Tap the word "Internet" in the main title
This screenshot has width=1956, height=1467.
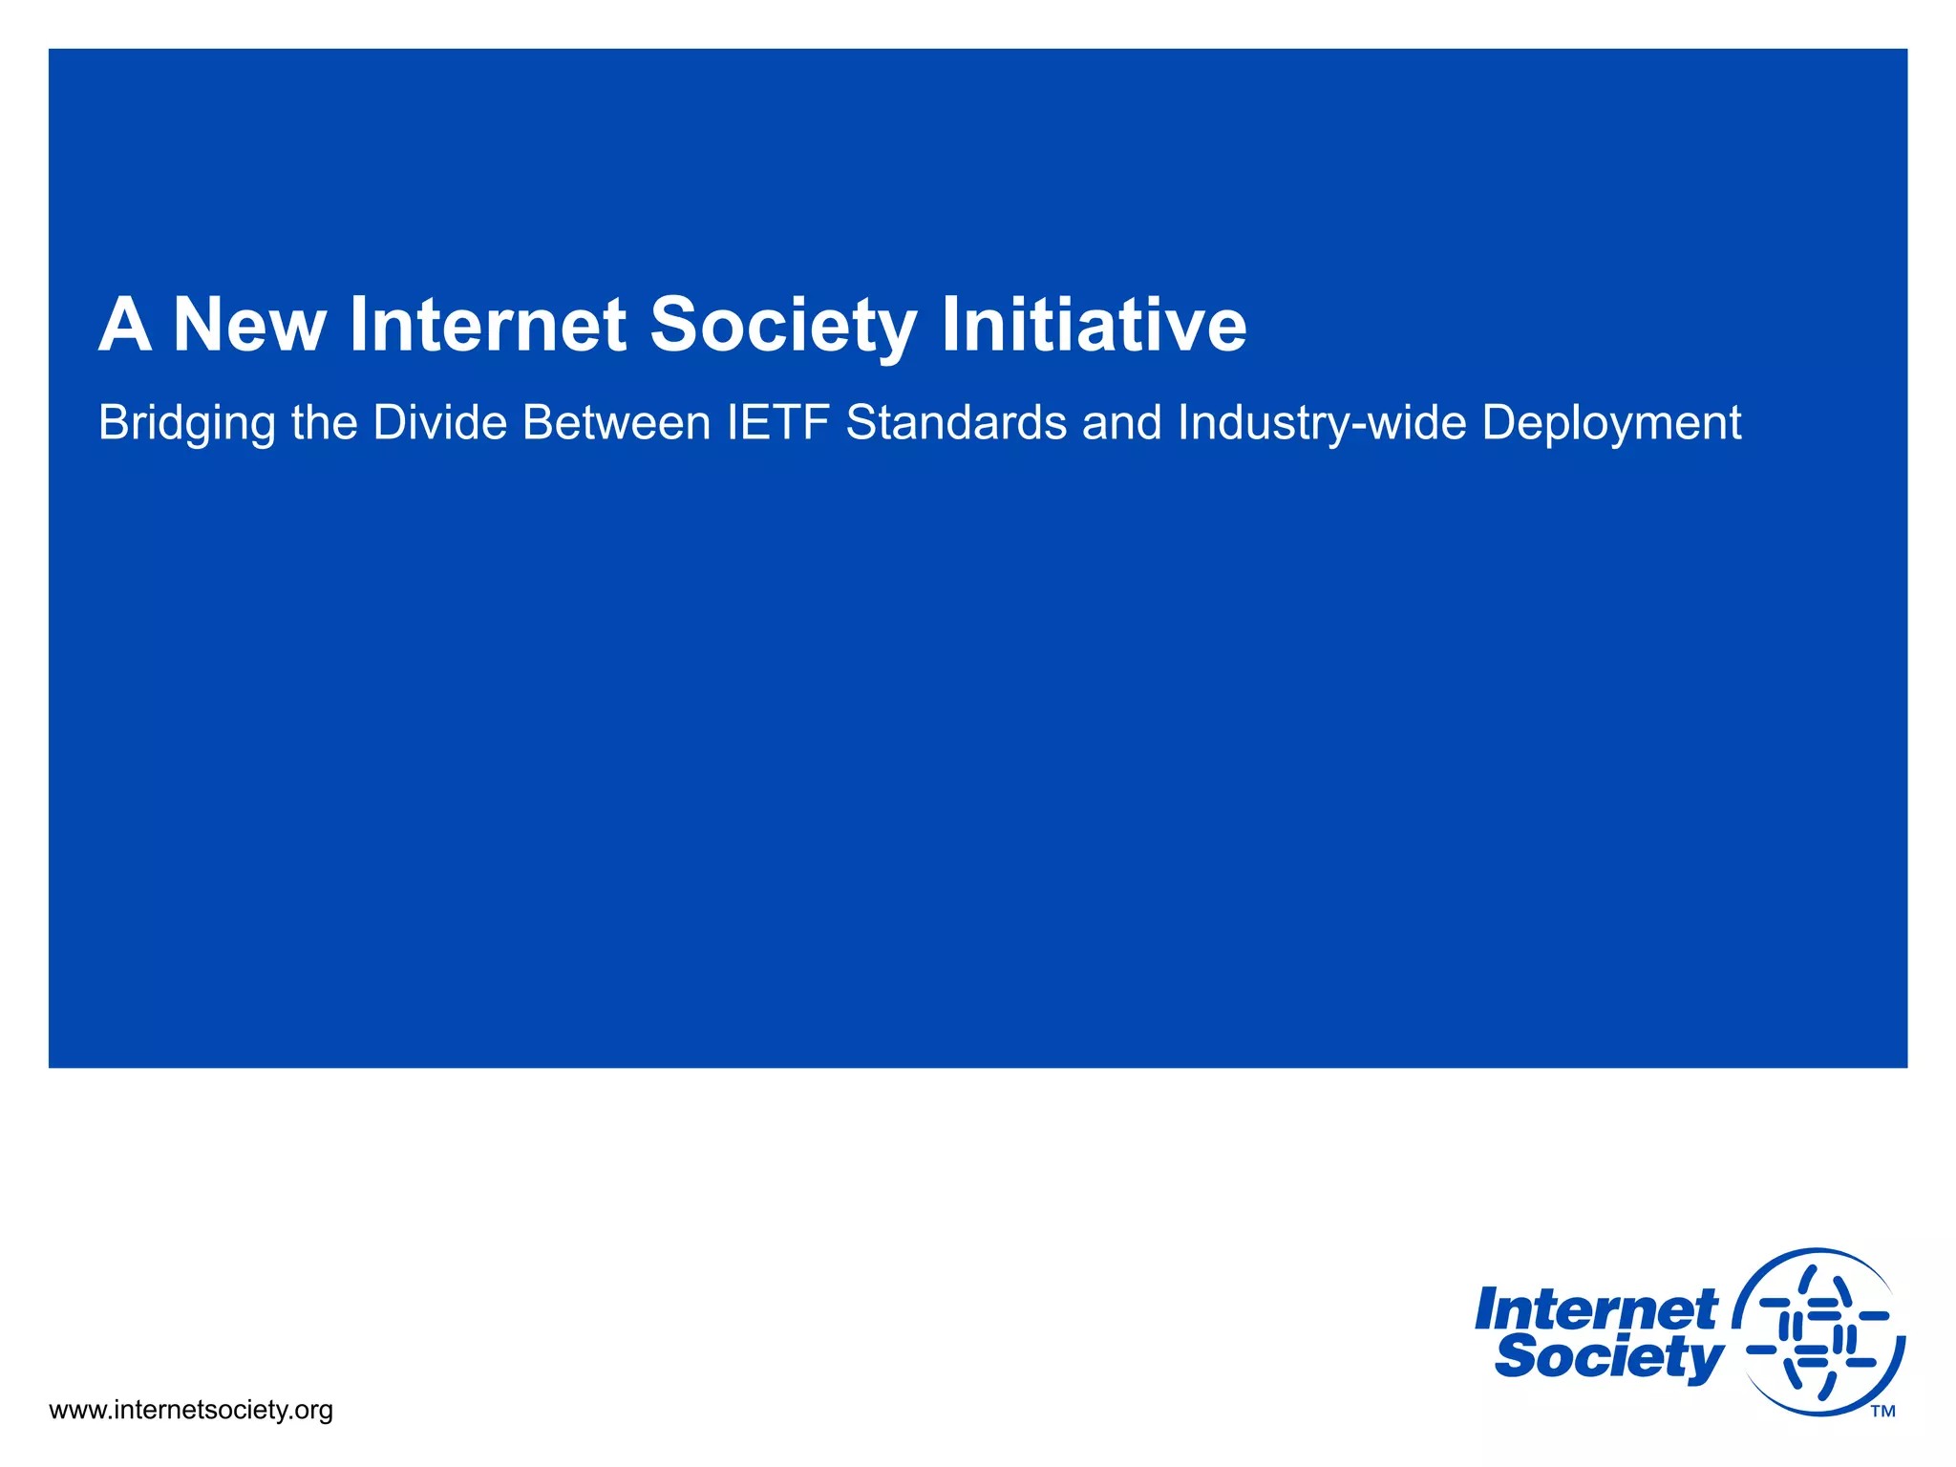point(488,326)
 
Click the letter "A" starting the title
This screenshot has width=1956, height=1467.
point(125,326)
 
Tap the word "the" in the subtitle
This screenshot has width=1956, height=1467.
point(325,423)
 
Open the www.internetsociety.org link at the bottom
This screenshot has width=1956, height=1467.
point(191,1410)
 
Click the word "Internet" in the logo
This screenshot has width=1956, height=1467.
point(1596,1309)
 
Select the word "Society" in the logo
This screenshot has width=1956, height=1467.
point(1609,1357)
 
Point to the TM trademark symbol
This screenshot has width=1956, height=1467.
point(1882,1412)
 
